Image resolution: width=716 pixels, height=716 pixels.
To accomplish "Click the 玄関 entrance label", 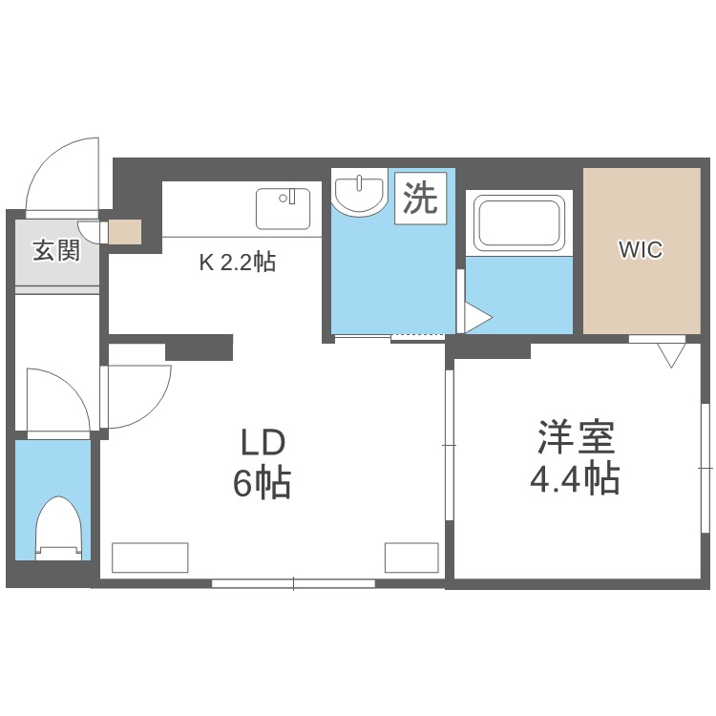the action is tap(56, 250).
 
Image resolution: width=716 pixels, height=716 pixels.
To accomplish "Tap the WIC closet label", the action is tap(641, 250).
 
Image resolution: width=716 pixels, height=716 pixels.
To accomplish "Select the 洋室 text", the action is tap(577, 437).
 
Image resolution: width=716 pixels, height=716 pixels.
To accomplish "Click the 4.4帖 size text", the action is tap(575, 478).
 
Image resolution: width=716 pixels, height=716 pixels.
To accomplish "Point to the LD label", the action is tap(263, 443).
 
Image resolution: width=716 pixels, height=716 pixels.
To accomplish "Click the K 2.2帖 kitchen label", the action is tap(238, 263).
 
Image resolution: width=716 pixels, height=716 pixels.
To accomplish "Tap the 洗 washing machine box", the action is tap(420, 199).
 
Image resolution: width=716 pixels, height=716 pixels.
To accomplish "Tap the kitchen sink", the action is tap(284, 209).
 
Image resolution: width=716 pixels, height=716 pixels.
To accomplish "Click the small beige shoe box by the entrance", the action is tap(125, 232).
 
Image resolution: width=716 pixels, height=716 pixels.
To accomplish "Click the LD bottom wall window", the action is tap(293, 583).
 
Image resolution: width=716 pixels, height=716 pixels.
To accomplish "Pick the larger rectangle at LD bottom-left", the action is tap(150, 558).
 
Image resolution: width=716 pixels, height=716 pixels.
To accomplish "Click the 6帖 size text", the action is tap(262, 483).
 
